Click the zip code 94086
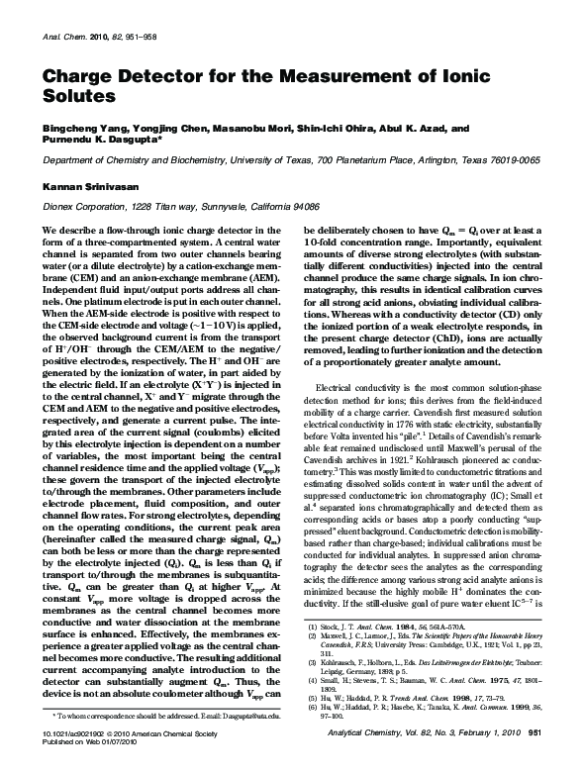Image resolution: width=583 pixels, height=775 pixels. pos(302,206)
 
